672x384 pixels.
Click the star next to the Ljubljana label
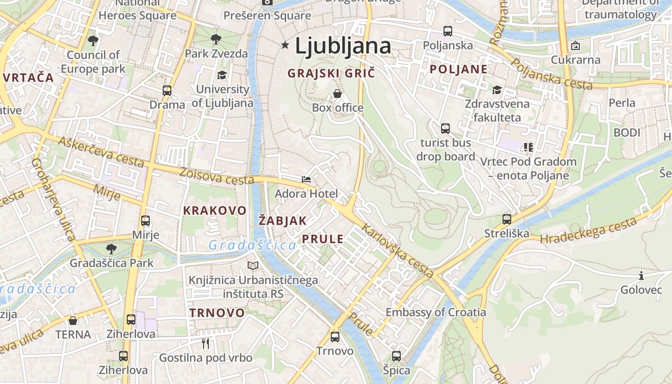[285, 45]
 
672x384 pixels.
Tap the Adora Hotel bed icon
[306, 180]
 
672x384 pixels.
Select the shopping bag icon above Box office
[337, 93]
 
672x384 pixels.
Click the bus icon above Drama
[167, 90]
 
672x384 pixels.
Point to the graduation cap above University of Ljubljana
[222, 75]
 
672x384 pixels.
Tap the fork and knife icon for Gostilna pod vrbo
[205, 343]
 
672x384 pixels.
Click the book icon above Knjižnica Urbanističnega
[253, 265]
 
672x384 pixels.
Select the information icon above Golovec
[641, 276]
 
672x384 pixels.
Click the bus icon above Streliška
[507, 219]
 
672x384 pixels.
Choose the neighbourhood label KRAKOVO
[215, 210]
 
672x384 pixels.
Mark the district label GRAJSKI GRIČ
[331, 73]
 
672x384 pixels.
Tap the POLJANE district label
[458, 69]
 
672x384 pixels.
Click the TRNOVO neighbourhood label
[217, 313]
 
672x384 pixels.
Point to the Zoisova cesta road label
[216, 176]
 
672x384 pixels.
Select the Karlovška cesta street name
[398, 251]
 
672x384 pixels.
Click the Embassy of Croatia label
[436, 312]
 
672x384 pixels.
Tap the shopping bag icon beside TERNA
[73, 321]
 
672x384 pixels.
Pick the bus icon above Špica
[396, 356]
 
